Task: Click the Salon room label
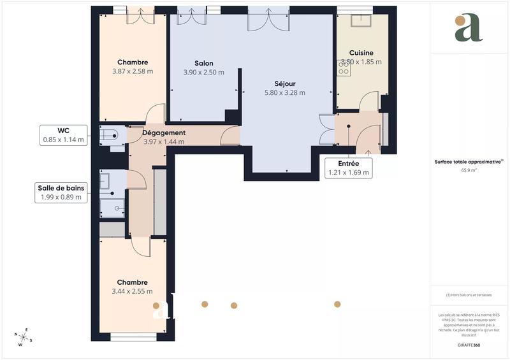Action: point(204,63)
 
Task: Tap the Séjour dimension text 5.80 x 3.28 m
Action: point(285,92)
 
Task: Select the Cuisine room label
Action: point(361,53)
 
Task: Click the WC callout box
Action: point(63,135)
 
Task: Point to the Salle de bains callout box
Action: point(61,192)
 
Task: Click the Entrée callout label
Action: point(348,168)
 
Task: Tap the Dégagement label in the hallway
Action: point(164,133)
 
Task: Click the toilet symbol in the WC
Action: point(109,134)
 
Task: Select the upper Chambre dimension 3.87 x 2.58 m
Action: point(133,71)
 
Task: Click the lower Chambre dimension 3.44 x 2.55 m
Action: point(132,291)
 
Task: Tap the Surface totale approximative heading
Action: point(469,162)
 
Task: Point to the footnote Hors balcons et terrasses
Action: point(469,295)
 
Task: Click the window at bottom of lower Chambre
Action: point(133,336)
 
